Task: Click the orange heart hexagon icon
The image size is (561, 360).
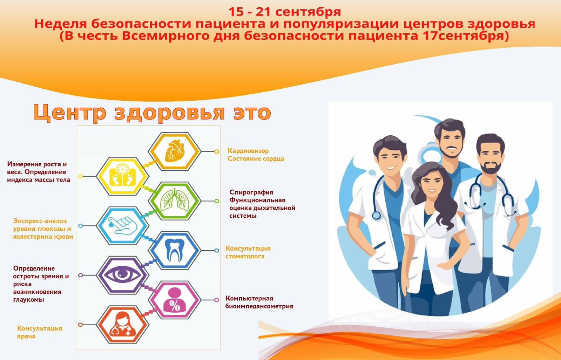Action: click(175, 151)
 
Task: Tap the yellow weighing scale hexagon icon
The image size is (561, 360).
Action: click(122, 176)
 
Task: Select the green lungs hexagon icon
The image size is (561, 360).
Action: click(175, 201)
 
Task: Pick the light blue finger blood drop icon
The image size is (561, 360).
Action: click(122, 226)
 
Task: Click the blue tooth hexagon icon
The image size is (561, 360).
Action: click(175, 250)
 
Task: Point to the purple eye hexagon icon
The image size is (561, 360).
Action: click(122, 275)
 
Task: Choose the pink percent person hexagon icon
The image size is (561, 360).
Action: click(175, 300)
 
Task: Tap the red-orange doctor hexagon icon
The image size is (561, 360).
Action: click(122, 325)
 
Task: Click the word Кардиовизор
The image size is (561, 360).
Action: click(248, 151)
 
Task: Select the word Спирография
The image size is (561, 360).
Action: click(251, 192)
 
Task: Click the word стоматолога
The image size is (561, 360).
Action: click(245, 256)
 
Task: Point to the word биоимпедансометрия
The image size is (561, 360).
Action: click(259, 306)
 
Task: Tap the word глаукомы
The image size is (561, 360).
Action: click(28, 300)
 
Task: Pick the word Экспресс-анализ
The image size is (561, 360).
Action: click(40, 221)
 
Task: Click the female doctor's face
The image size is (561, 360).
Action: click(432, 184)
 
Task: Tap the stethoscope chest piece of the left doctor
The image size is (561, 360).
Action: click(376, 215)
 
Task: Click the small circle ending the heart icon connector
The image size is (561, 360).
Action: click(217, 151)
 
